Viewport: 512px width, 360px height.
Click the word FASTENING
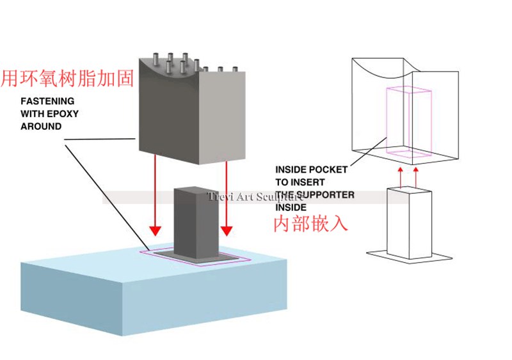47,101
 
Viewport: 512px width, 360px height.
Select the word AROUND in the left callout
41,127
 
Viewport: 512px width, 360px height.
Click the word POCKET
329,169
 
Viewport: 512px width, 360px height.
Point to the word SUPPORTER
326,195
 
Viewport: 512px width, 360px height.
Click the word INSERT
308,182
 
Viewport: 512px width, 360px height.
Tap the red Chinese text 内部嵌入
310,224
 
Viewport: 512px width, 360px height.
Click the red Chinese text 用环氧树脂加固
67,79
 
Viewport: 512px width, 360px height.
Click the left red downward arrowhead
156,231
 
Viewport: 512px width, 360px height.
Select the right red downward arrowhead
227,231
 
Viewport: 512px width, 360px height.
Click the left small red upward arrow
401,178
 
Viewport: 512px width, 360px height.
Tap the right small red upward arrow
415,178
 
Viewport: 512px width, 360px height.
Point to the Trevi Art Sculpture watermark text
255,197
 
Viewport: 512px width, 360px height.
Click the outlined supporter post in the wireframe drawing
409,223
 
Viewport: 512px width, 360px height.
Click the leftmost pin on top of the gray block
156,59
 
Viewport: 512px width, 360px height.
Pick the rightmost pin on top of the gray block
235,70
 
